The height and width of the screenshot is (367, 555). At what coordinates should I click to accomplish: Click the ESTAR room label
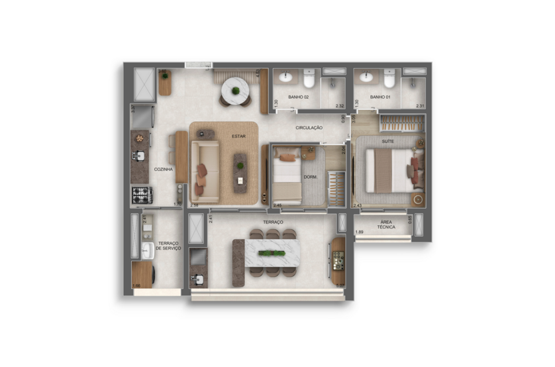click(238, 136)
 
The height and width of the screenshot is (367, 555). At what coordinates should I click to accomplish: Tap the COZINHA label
click(163, 170)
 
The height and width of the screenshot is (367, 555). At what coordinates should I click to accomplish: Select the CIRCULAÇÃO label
click(309, 127)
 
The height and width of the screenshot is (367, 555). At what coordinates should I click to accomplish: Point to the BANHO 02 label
click(299, 97)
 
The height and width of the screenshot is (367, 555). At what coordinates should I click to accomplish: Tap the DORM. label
click(311, 177)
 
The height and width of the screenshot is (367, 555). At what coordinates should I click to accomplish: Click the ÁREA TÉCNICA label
click(386, 224)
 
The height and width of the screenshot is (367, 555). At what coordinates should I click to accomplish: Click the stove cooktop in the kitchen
click(141, 195)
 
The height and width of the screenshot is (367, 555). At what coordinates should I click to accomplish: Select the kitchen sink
click(138, 157)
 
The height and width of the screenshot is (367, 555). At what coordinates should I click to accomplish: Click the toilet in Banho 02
click(309, 79)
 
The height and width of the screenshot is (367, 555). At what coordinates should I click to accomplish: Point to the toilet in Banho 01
click(389, 79)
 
